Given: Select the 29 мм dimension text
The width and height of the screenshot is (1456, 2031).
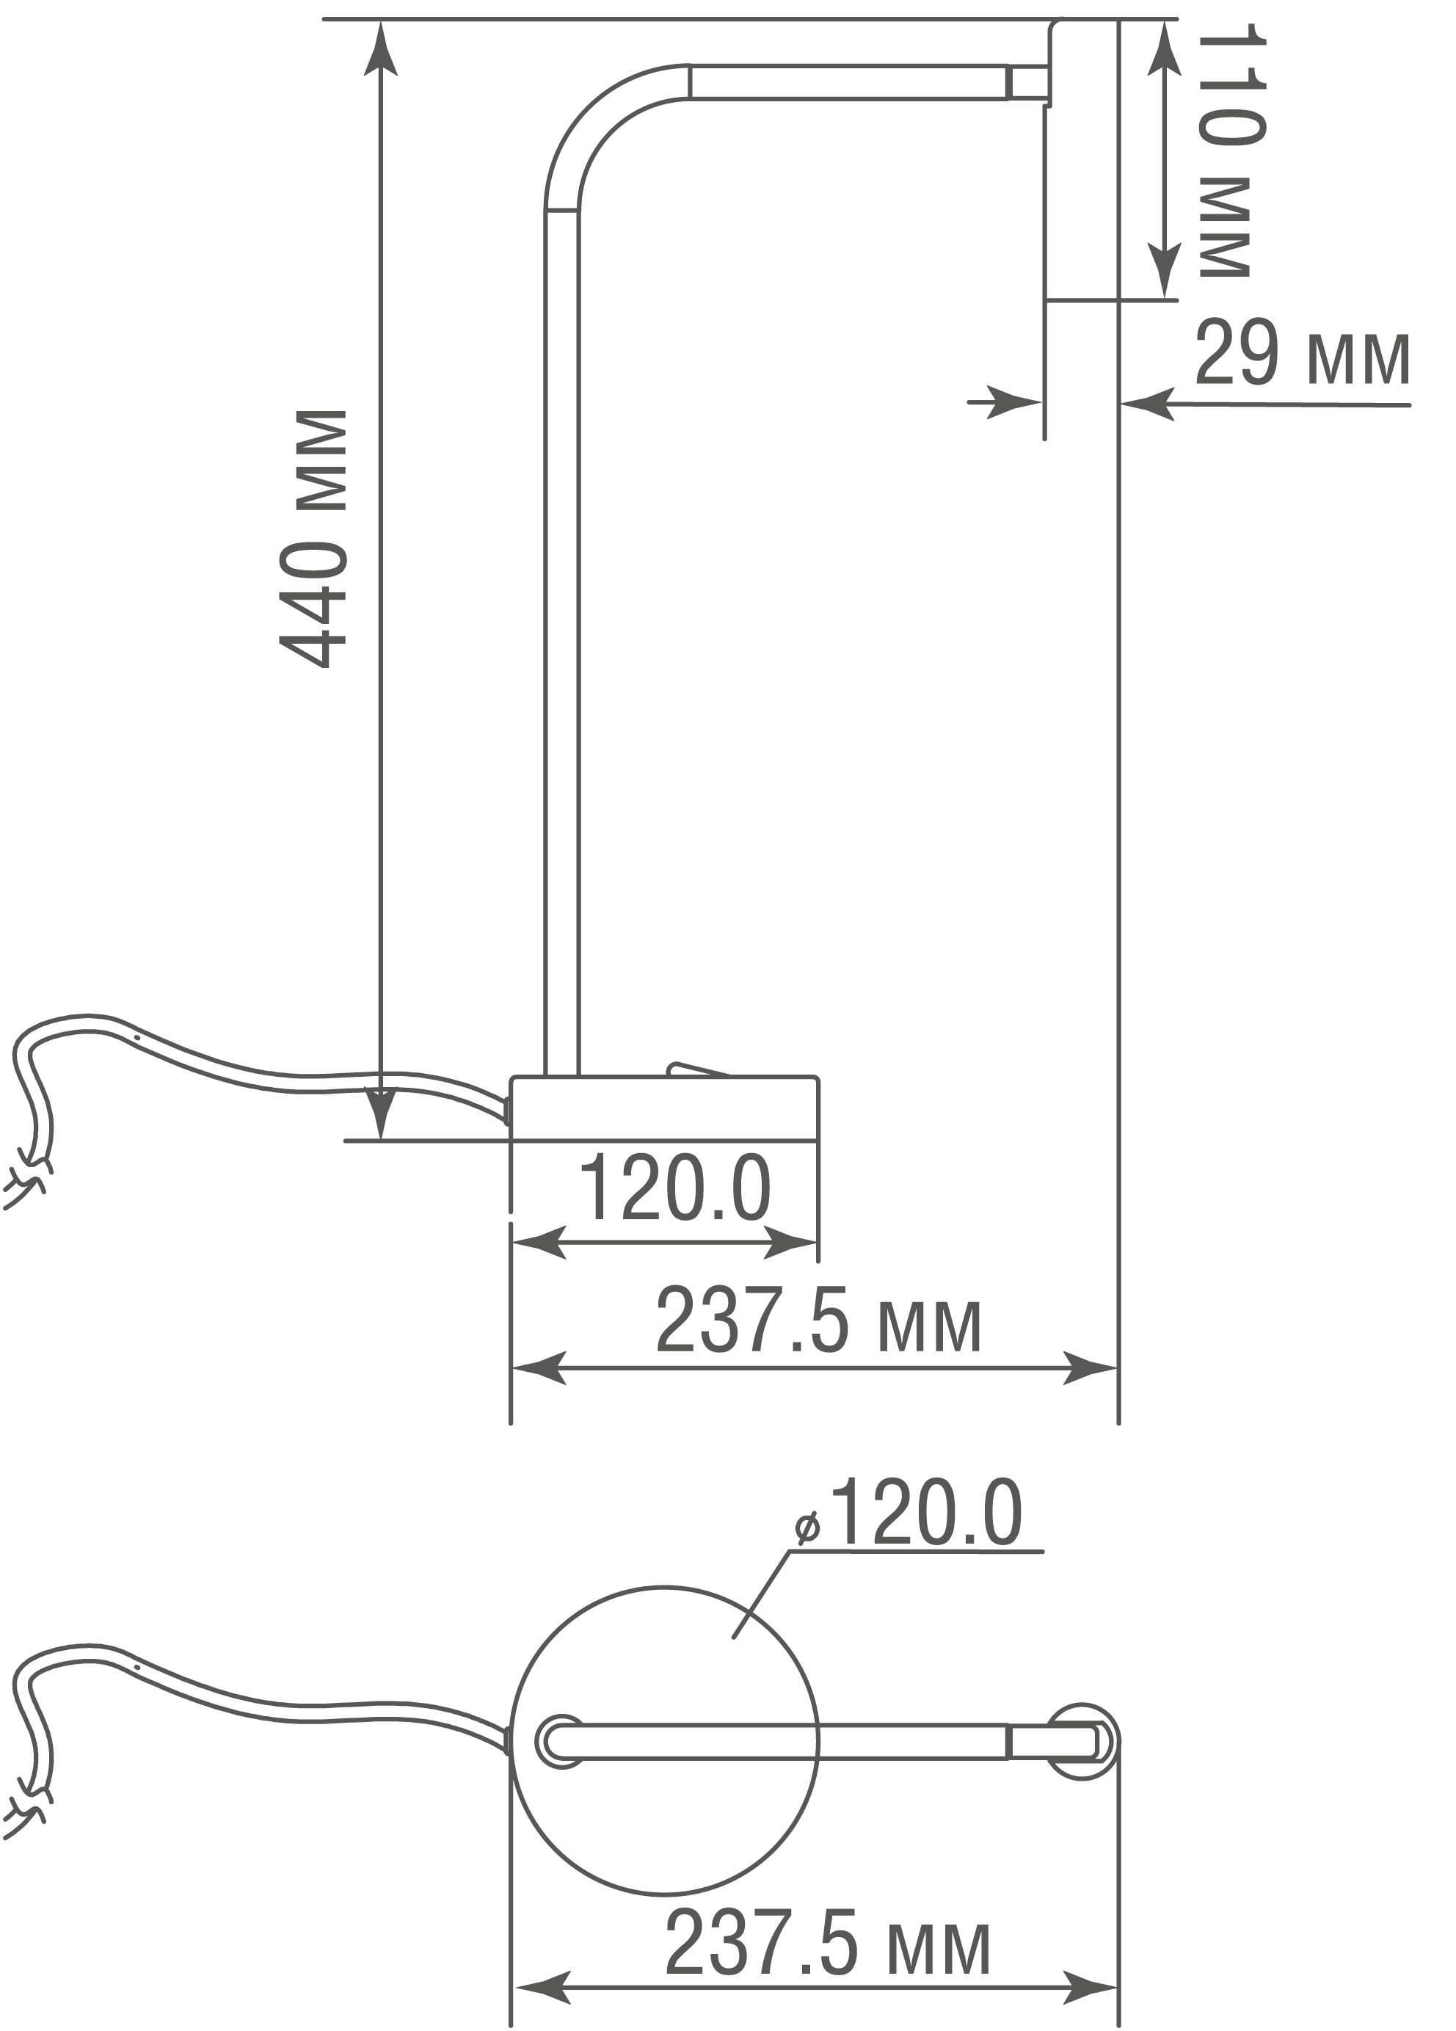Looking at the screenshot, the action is point(1302,355).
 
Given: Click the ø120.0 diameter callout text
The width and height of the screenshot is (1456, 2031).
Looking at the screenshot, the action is point(908,1513).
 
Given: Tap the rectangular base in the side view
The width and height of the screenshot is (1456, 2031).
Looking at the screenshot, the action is point(663,1108).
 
